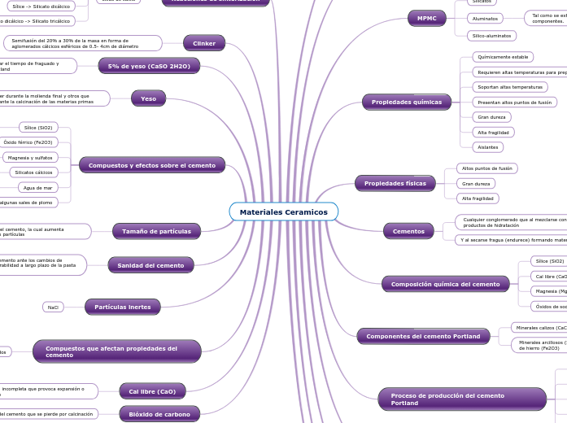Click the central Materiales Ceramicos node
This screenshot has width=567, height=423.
coord(283,211)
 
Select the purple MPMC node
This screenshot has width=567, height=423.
coord(426,18)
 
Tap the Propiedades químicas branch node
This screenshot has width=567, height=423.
coord(406,102)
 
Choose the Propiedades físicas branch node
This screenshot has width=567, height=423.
coord(395,183)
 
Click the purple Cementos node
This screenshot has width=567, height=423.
coord(408,231)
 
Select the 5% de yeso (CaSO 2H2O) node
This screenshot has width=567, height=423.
coord(149,66)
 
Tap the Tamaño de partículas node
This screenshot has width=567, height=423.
coord(156,231)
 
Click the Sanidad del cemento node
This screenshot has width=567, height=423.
coord(150,264)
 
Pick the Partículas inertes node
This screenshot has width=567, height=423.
coord(122,307)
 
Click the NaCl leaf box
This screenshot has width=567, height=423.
coord(54,307)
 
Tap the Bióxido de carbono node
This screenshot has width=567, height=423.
coord(159,414)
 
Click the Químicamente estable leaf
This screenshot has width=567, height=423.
coord(504,57)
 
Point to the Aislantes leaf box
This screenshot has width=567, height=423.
coord(488,146)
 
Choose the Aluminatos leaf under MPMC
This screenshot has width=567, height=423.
coord(485,18)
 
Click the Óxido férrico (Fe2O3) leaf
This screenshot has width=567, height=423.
coord(28,142)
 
